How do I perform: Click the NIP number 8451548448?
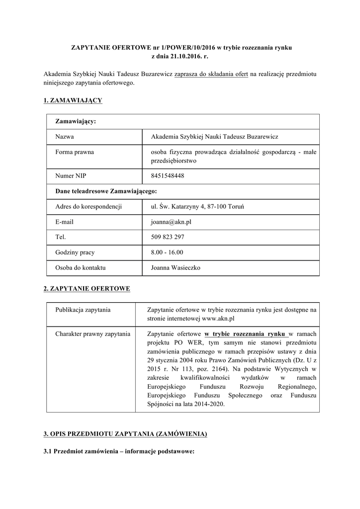[x=167, y=175]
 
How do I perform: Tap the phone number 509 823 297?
[x=167, y=237]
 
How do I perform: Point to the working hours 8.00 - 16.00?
[x=167, y=253]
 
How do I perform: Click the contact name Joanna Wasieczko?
[x=175, y=268]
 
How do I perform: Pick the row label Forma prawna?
[x=75, y=152]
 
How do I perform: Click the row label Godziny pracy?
[x=75, y=253]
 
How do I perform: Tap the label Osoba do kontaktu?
[x=81, y=268]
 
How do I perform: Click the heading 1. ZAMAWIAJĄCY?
[x=73, y=100]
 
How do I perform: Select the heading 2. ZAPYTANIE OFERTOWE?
[x=87, y=289]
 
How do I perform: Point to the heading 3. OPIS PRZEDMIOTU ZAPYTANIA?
[x=125, y=434]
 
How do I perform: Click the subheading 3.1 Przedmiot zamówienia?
[x=118, y=452]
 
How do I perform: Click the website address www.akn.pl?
[x=218, y=318]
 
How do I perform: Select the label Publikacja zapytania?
[x=83, y=310]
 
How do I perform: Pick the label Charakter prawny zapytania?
[x=93, y=334]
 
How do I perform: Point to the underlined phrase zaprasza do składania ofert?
[x=211, y=74]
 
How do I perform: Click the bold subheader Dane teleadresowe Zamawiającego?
[x=106, y=191]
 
